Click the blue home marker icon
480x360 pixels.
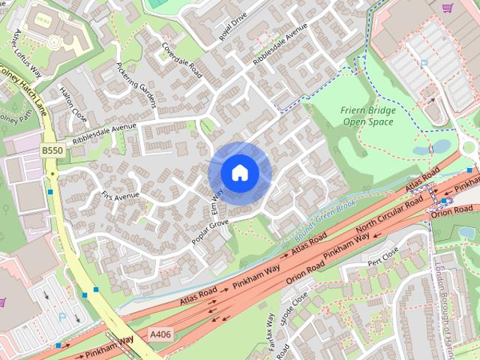pyautogui.click(x=239, y=173)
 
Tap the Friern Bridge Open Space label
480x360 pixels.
pyautogui.click(x=368, y=116)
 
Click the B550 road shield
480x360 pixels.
pyautogui.click(x=52, y=151)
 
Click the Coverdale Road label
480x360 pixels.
pyautogui.click(x=182, y=60)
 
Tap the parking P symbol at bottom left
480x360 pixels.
pyautogui.click(x=62, y=318)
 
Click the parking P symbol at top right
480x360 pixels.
pyautogui.click(x=424, y=64)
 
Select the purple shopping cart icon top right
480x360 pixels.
pyautogui.click(x=448, y=8)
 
